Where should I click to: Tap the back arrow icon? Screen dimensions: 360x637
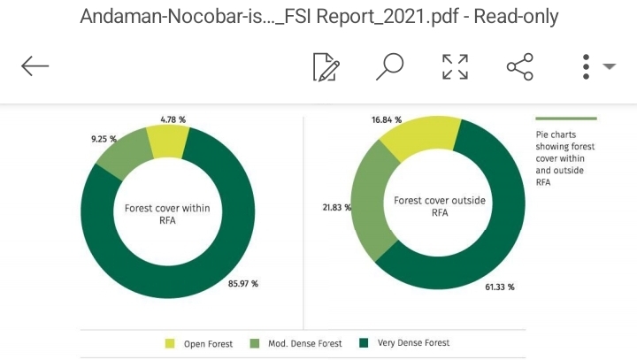(x=35, y=66)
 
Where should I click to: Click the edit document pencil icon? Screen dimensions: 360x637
(x=326, y=66)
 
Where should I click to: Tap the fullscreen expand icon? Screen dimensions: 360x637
(x=455, y=66)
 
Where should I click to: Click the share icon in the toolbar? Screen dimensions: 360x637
(x=519, y=66)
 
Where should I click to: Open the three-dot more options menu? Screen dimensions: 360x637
(x=586, y=66)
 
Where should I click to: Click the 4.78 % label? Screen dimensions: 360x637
(x=173, y=119)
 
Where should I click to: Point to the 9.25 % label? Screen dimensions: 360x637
(x=104, y=140)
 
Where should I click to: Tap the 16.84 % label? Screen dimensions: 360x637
(x=387, y=119)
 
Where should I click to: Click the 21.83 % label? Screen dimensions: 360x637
(x=336, y=207)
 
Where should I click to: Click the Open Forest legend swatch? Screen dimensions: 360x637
(x=170, y=343)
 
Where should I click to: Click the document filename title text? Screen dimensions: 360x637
(x=318, y=17)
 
